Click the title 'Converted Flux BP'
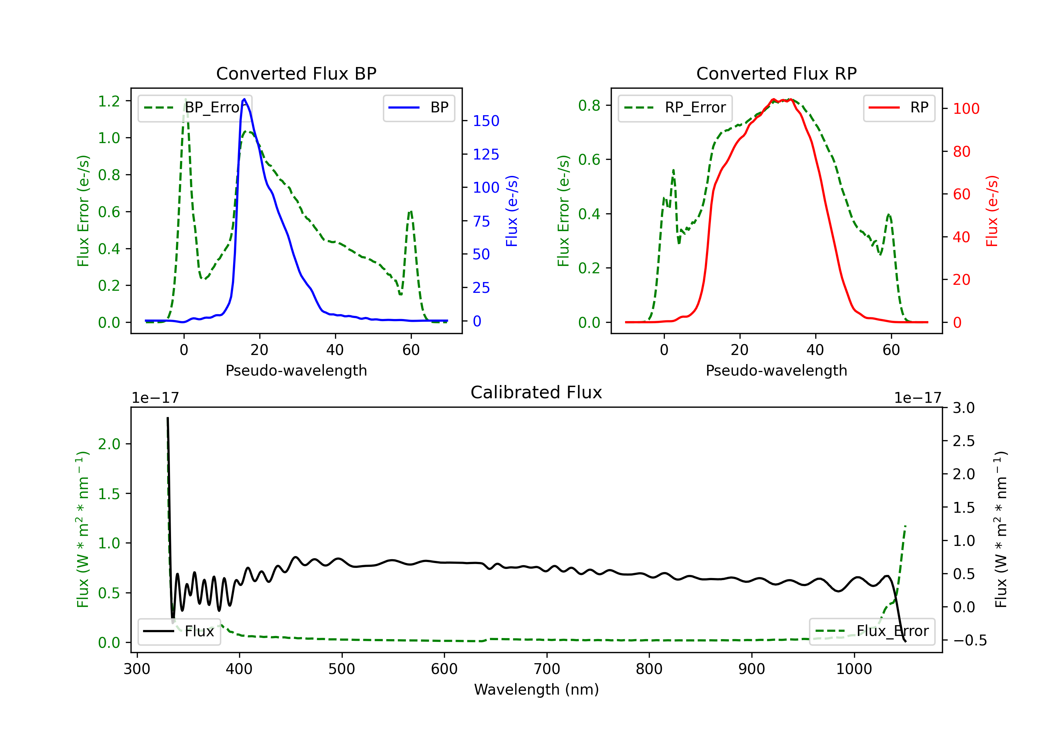tap(296, 73)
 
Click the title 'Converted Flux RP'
tap(776, 73)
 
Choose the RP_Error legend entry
tap(675, 108)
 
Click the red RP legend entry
tap(899, 108)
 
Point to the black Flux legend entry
tap(179, 631)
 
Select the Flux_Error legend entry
tap(872, 631)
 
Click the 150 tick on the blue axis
tap(486, 121)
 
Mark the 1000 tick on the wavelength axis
tap(854, 669)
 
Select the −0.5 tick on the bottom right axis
tap(970, 641)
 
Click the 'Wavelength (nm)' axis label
tap(536, 689)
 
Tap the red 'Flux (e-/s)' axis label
tap(992, 211)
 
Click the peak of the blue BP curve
tap(244, 99)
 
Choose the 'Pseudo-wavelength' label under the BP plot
tap(296, 370)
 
